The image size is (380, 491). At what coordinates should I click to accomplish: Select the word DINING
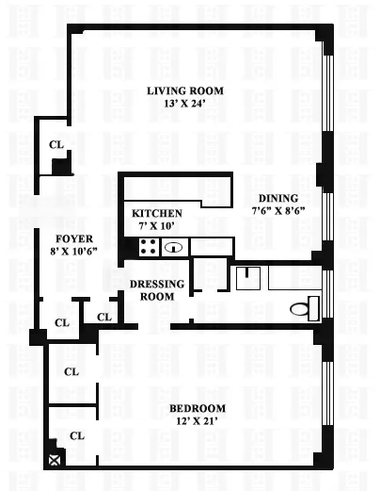278,198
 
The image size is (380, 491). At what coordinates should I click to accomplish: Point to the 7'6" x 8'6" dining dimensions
278,211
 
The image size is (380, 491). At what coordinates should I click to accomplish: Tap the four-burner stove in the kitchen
149,248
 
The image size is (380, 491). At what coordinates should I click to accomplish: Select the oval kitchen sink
174,248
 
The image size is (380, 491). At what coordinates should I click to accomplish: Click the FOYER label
72,239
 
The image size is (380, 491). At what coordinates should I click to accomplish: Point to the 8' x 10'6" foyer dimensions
72,253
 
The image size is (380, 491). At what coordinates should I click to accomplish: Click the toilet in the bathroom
302,307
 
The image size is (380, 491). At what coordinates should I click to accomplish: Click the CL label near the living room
56,145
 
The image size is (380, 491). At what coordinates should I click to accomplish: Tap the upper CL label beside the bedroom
71,371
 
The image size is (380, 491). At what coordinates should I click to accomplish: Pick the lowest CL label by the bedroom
76,435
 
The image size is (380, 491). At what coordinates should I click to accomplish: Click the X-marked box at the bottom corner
55,460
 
